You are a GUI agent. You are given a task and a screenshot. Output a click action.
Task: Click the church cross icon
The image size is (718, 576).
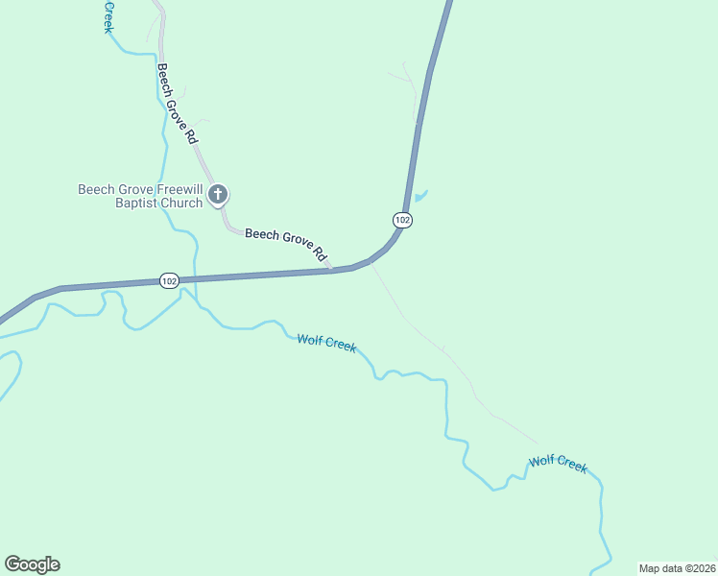point(218,196)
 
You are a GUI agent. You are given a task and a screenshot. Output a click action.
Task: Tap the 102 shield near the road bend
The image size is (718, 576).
point(402,221)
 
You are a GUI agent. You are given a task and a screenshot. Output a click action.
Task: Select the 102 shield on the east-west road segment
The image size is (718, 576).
point(169,280)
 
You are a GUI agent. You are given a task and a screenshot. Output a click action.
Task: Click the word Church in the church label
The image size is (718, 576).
point(181,203)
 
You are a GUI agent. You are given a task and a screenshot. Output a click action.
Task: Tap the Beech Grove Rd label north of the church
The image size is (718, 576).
point(178,104)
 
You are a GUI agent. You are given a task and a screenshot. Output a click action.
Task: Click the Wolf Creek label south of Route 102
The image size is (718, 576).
point(326,343)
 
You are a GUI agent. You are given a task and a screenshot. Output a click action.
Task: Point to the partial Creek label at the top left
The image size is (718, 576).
point(108,15)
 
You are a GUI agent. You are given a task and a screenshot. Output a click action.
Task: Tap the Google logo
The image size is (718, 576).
point(32,564)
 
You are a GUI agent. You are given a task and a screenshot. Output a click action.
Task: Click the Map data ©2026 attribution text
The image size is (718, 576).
point(677,567)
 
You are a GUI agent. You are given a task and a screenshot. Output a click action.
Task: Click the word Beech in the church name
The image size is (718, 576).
point(95,189)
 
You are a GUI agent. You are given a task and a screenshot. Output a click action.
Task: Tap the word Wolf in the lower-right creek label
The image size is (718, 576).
point(541,461)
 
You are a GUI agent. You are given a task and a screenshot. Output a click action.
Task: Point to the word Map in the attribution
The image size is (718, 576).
point(650,567)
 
